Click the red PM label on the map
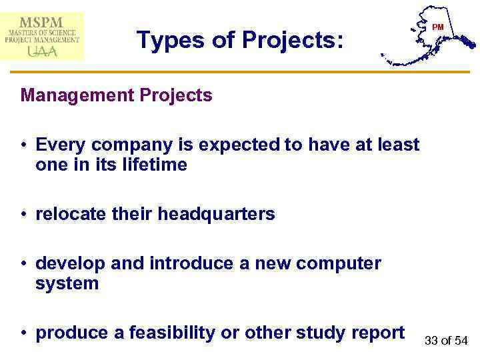[x=437, y=27]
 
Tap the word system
[x=67, y=283]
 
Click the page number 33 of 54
[x=446, y=341]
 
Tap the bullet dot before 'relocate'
[x=24, y=215]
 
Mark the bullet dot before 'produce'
[x=24, y=333]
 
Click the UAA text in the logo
[x=42, y=51]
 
